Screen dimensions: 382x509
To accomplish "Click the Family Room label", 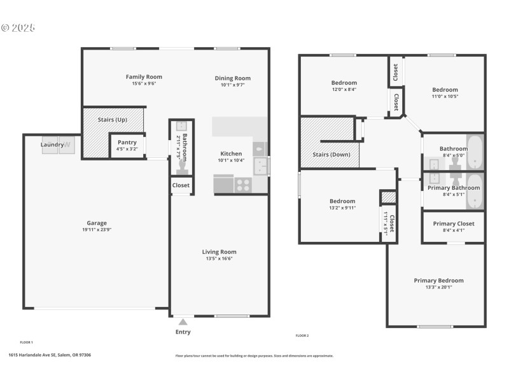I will pos(143,77).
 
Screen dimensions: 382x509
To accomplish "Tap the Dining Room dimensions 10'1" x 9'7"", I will pos(232,85).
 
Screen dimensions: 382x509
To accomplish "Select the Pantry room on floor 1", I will pos(127,145).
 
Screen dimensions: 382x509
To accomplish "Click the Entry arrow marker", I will pos(183,322).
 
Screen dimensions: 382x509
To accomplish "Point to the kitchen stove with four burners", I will pos(243,185).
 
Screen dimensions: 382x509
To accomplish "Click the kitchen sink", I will pos(261,166).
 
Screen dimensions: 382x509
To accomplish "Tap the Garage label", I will pos(97,223).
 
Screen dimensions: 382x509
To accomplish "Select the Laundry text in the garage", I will pos(52,145).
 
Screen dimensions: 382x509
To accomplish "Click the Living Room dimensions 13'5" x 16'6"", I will pos(219,259).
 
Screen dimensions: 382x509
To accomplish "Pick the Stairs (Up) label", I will pos(112,120).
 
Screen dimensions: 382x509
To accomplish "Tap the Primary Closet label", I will pos(453,223).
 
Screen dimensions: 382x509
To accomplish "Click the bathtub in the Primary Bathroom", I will pos(475,192).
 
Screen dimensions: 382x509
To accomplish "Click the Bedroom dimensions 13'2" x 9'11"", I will pos(342,208).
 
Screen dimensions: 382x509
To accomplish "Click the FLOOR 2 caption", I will pos(302,336).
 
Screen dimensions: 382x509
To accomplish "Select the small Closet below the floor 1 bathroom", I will pos(181,185).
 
